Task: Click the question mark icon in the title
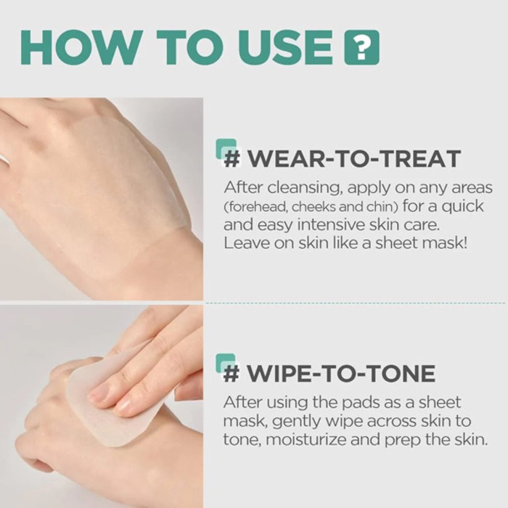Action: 361,47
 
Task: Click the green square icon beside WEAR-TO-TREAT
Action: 226,148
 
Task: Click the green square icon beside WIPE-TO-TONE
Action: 226,363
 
